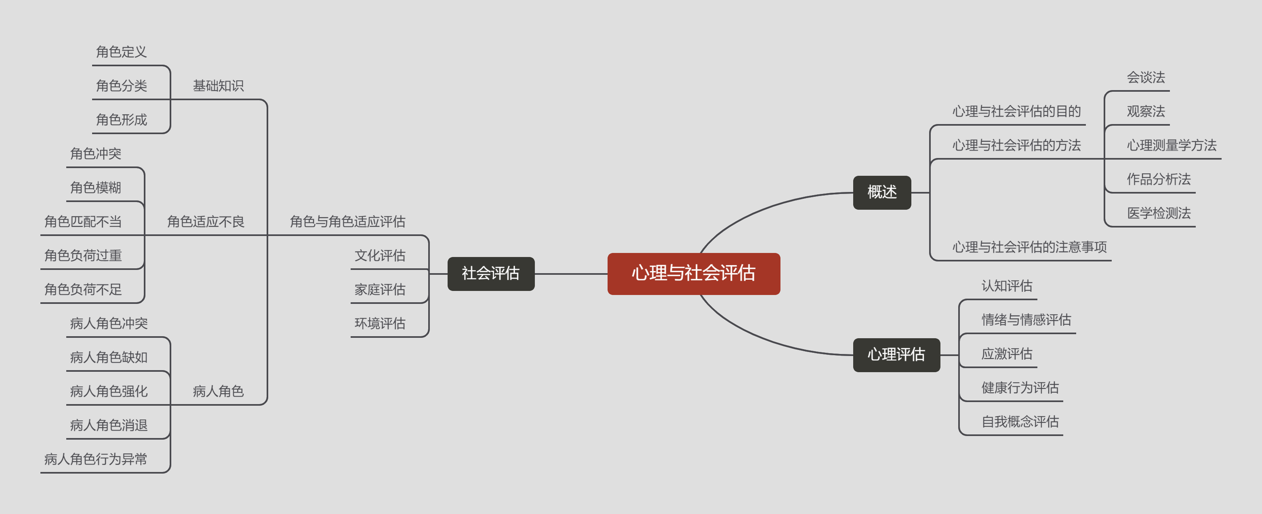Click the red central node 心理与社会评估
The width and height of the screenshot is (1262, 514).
[x=693, y=274]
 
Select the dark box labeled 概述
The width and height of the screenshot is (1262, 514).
[x=881, y=192]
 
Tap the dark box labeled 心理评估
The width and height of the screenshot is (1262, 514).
[x=896, y=354]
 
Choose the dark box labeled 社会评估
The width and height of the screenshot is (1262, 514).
[x=490, y=274]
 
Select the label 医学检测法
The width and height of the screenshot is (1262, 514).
[x=1158, y=213]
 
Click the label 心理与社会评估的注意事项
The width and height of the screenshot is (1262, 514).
[x=1029, y=247]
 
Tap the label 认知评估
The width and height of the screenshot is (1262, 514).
[x=1006, y=286]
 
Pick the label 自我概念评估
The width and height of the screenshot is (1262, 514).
[x=1020, y=421]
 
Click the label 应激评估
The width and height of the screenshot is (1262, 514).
[x=1006, y=354]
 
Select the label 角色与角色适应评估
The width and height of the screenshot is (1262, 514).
[x=347, y=221]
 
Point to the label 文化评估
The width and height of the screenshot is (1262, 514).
[x=380, y=255]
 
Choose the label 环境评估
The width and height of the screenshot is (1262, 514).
[x=380, y=323]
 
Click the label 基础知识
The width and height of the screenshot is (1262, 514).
[x=218, y=86]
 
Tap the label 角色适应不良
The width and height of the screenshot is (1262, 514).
[x=205, y=221]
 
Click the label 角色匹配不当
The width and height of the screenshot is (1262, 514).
[x=83, y=221]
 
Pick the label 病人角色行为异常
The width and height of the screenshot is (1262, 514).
[x=95, y=459]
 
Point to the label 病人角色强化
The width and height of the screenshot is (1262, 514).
[x=108, y=391]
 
